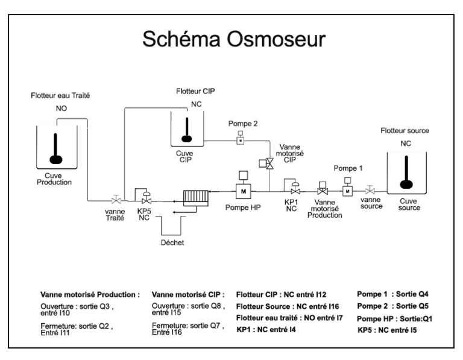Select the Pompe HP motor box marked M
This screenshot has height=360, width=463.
(x=244, y=191)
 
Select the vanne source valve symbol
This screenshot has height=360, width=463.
(x=370, y=191)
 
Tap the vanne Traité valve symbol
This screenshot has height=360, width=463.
(x=115, y=199)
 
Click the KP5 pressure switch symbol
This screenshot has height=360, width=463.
(x=145, y=197)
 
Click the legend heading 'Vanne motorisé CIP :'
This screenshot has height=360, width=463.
(x=187, y=295)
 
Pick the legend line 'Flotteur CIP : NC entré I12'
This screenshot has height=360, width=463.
(x=281, y=294)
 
